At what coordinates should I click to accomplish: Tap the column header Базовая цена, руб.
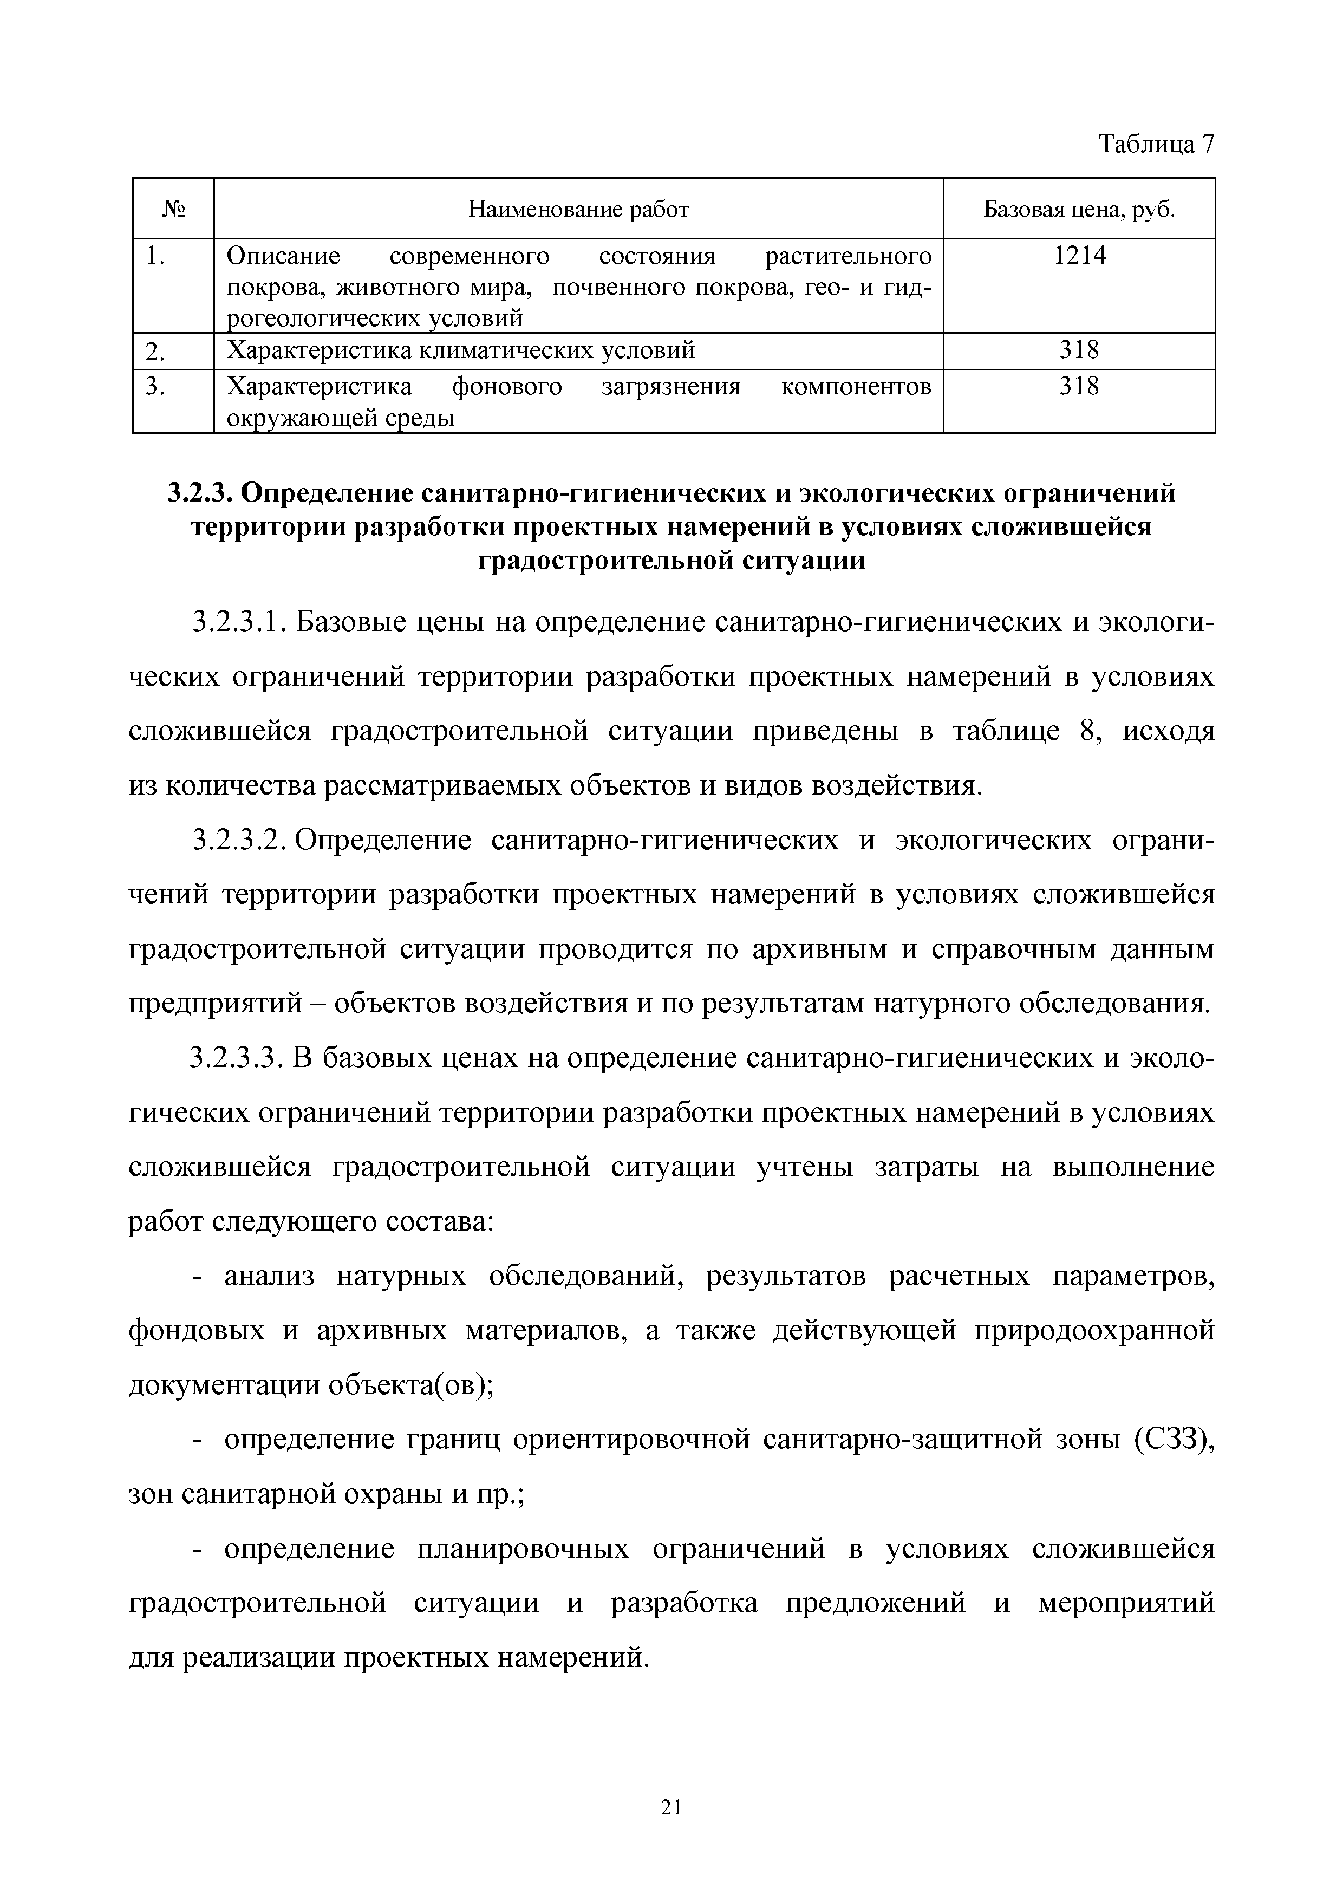[1079, 210]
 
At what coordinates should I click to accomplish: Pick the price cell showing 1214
[1079, 257]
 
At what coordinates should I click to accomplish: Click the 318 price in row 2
[1079, 351]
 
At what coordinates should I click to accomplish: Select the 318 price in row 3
[1079, 387]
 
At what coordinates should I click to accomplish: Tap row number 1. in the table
[155, 257]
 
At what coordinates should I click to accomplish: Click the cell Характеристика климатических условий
[461, 351]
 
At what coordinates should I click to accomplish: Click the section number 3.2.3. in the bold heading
[200, 494]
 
